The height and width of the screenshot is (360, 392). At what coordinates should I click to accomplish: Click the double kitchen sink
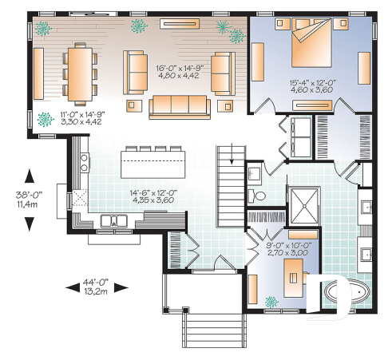116,220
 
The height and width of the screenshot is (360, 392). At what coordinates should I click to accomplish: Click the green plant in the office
271,302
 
